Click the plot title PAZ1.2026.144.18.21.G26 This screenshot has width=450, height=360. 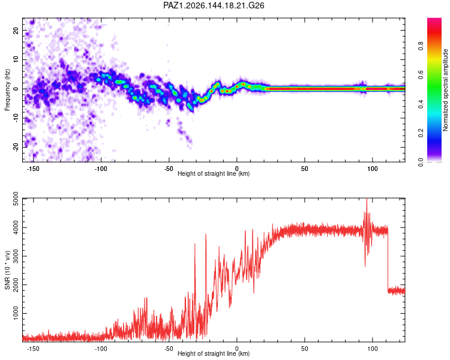(x=214, y=5)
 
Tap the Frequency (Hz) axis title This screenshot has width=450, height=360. (x=7, y=90)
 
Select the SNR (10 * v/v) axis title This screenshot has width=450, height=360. (x=7, y=270)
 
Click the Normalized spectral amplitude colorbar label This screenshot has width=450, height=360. (x=445, y=90)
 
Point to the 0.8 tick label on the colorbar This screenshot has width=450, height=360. (x=421, y=46)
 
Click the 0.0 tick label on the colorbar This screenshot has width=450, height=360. (x=421, y=162)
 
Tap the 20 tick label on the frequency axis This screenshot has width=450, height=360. (x=16, y=31)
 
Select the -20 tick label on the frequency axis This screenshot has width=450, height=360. (x=16, y=147)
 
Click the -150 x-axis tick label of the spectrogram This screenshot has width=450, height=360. (x=33, y=169)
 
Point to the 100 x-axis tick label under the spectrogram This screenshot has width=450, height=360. (x=373, y=169)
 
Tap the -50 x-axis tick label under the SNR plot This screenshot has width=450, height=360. (x=169, y=349)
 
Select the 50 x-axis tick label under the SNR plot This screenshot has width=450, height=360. (x=304, y=349)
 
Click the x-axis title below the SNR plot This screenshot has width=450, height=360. (x=214, y=353)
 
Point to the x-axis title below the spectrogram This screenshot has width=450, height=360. (x=214, y=173)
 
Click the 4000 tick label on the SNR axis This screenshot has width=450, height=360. (x=16, y=227)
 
